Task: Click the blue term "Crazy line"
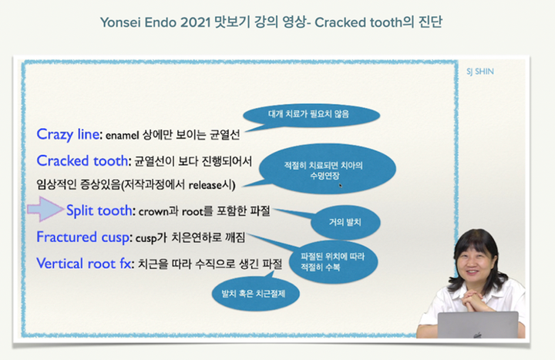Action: tap(69, 134)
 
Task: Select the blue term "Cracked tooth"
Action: tap(82, 160)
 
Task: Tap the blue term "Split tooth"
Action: tap(99, 210)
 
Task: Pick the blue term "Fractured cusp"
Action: tap(82, 237)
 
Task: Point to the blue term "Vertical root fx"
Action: tap(84, 264)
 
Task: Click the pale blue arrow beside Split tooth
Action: tap(45, 209)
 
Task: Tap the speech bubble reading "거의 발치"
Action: tap(345, 222)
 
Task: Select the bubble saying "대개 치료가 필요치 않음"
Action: tap(311, 115)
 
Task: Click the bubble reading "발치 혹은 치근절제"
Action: tap(255, 294)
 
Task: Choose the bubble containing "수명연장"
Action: tap(328, 169)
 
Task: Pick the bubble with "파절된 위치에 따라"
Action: tap(333, 262)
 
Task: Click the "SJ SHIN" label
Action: tap(480, 72)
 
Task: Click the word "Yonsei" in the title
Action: tap(120, 22)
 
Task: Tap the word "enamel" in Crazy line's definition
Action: tap(122, 135)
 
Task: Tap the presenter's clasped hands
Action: tap(473, 300)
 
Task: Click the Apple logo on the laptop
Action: tap(478, 335)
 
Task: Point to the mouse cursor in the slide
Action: tap(340, 185)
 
